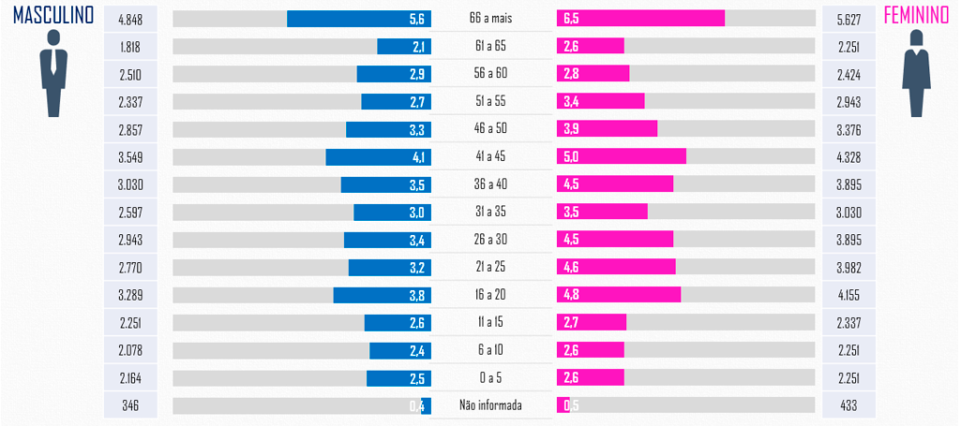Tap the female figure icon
click(x=916, y=74)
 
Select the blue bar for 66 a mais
click(x=358, y=19)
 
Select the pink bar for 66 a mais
click(x=640, y=19)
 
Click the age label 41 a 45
click(x=488, y=157)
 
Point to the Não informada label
click(x=490, y=405)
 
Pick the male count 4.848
click(x=130, y=19)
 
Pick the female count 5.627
click(x=847, y=19)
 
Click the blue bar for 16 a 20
click(x=382, y=295)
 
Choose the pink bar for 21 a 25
click(x=616, y=267)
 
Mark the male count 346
click(x=130, y=405)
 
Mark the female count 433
click(x=847, y=405)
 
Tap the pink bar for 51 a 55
click(x=601, y=101)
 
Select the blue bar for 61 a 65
click(x=404, y=47)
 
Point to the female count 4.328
click(x=847, y=157)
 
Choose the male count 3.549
click(x=130, y=157)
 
